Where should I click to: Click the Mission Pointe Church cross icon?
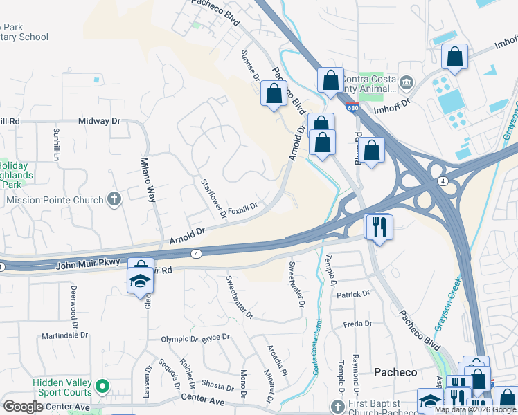114,200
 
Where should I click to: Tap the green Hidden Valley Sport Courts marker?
103,385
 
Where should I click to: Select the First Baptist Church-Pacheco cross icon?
337,406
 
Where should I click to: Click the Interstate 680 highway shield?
353,108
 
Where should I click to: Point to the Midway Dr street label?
99,121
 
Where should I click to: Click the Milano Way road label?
148,179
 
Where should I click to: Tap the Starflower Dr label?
213,199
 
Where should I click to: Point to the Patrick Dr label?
353,295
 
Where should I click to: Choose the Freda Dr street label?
358,324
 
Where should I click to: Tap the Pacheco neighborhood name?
395,372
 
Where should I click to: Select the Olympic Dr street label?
179,339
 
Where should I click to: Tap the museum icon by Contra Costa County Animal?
407,84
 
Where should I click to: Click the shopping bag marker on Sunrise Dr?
274,93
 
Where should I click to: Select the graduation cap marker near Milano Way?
139,280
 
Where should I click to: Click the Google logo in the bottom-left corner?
23,406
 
